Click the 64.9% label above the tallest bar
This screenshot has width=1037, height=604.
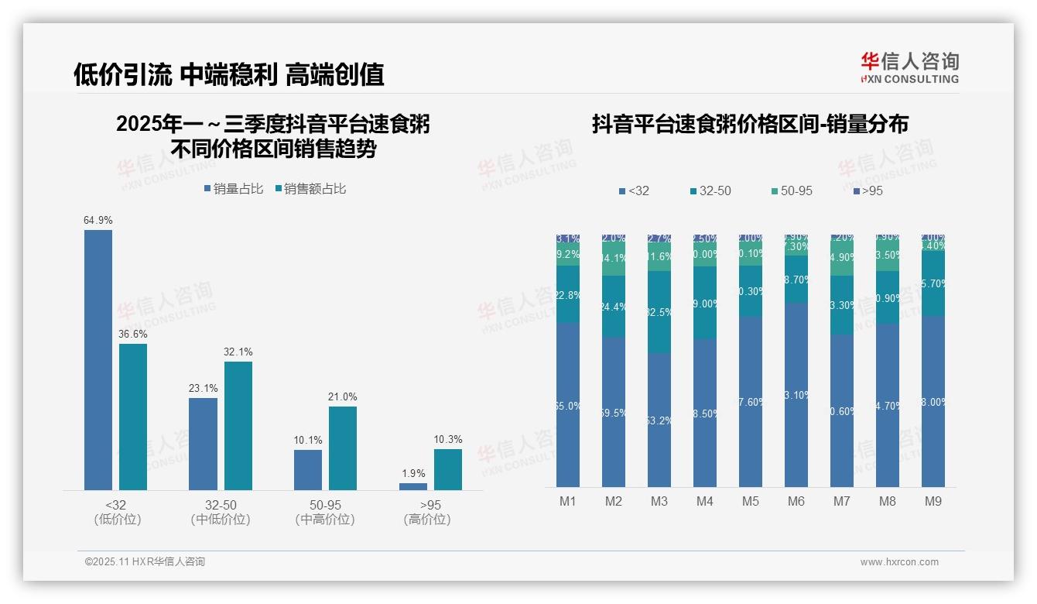click(x=98, y=221)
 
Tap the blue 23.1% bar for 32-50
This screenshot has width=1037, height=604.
click(x=203, y=444)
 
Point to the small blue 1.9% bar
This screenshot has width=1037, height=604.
click(x=413, y=486)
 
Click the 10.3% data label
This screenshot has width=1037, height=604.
click(x=448, y=440)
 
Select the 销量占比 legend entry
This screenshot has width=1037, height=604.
click(x=234, y=189)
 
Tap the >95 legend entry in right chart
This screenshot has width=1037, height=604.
click(x=868, y=190)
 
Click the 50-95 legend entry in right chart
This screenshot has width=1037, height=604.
click(x=792, y=190)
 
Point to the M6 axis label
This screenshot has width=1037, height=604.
click(x=796, y=501)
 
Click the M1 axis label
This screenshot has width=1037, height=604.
click(x=568, y=501)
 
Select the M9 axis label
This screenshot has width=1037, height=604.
click(x=933, y=501)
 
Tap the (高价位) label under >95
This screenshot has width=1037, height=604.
click(x=427, y=520)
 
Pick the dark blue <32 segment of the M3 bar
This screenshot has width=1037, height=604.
click(x=659, y=420)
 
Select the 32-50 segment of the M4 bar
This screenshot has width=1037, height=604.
click(x=705, y=303)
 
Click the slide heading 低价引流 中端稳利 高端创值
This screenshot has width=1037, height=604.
click(x=229, y=74)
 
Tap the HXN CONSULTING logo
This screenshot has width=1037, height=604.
click(x=909, y=67)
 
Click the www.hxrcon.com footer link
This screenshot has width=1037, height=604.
click(x=899, y=562)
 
